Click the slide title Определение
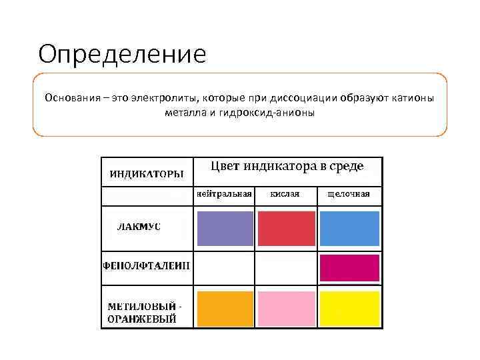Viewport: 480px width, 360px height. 123,55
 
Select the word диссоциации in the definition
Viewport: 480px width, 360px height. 305,99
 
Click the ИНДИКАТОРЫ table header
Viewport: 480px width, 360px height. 147,174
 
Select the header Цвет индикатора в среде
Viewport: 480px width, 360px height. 288,167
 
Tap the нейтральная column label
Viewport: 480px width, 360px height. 224,194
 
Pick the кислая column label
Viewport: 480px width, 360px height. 285,194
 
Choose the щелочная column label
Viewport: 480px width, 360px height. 349,194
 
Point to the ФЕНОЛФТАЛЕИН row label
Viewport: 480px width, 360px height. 146,265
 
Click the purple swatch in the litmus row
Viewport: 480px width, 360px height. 225,229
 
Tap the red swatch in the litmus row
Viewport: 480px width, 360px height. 286,229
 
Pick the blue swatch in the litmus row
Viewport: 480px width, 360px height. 349,229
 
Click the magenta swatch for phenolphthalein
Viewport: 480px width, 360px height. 349,267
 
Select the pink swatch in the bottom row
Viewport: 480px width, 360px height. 286,309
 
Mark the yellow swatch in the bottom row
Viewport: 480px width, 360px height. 349,309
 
